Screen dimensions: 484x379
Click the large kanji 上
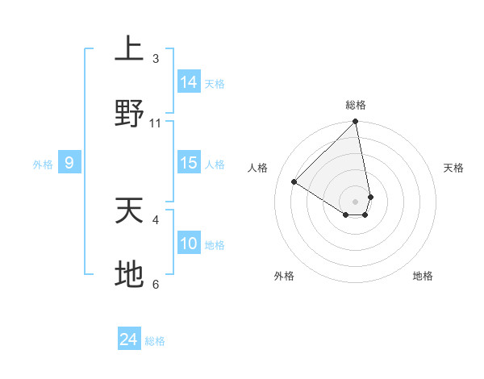click(129, 49)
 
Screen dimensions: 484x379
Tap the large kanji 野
click(129, 114)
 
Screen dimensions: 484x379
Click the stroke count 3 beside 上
click(156, 59)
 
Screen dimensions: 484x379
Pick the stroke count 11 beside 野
click(156, 123)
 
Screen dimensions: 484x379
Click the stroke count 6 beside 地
click(156, 284)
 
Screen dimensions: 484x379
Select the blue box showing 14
click(189, 81)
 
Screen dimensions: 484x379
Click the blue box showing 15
click(189, 163)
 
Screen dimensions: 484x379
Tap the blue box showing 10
click(189, 244)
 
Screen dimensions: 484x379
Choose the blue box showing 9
click(69, 163)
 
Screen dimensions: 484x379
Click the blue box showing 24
click(129, 339)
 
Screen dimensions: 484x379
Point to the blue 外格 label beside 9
click(43, 165)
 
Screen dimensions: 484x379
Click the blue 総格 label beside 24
click(155, 341)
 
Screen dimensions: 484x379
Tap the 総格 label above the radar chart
click(356, 105)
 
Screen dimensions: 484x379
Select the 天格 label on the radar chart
click(453, 168)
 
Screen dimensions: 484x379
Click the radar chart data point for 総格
click(356, 122)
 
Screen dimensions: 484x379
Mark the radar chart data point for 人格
click(294, 182)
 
